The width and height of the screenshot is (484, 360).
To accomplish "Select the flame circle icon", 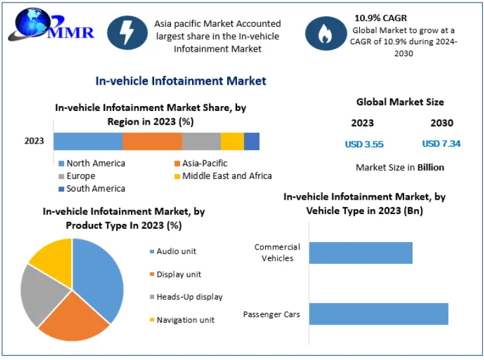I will [x=324, y=34].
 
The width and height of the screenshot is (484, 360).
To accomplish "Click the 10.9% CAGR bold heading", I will [x=380, y=18].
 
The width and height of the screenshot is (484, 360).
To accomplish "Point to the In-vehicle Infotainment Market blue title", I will [x=180, y=81].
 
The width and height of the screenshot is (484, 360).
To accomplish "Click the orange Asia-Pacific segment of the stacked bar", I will [x=152, y=141].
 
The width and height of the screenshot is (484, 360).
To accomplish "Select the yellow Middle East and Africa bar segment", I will [x=232, y=141].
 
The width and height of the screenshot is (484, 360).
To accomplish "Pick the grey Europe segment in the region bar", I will [x=201, y=141].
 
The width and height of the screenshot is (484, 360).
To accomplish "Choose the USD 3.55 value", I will [x=364, y=144].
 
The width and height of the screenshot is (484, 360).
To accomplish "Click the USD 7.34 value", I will [x=441, y=144].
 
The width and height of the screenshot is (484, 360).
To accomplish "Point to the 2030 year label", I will [x=442, y=123].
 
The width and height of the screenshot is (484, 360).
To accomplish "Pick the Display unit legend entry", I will [x=178, y=275].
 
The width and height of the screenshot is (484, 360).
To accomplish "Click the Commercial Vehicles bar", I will [x=361, y=253].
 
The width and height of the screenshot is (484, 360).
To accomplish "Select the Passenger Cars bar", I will [x=378, y=314].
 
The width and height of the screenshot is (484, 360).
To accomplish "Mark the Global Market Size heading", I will [x=400, y=102].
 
